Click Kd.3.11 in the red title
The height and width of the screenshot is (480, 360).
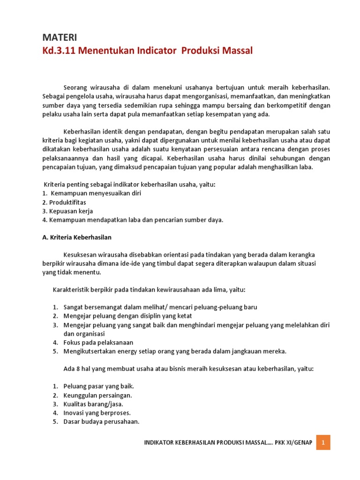point(57,50)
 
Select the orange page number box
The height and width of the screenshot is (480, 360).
point(323,442)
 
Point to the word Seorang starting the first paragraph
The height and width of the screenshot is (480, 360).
point(75,87)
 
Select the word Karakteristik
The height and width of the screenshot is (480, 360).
point(70,290)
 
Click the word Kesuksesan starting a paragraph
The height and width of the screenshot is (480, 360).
point(82,255)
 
